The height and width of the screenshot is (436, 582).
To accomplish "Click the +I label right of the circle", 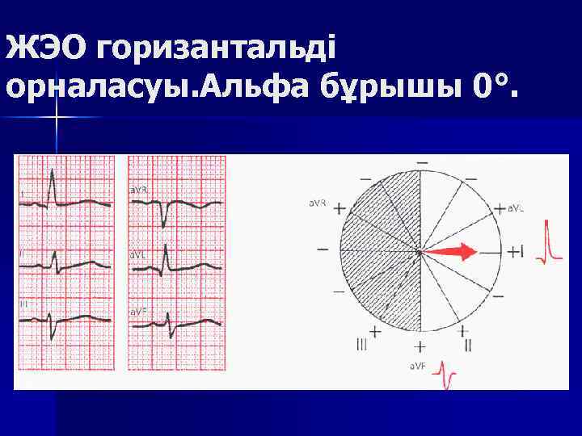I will click(516, 253).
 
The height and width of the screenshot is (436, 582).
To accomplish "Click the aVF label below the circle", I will click(418, 366).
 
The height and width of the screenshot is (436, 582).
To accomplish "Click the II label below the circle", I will click(468, 345).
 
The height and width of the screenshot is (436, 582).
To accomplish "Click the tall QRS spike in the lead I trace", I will click(52, 186).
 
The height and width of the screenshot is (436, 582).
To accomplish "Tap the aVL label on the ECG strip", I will click(138, 253).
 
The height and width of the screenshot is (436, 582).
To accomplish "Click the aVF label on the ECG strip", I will click(138, 310).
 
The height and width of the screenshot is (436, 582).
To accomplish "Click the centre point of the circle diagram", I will click(420, 252).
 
